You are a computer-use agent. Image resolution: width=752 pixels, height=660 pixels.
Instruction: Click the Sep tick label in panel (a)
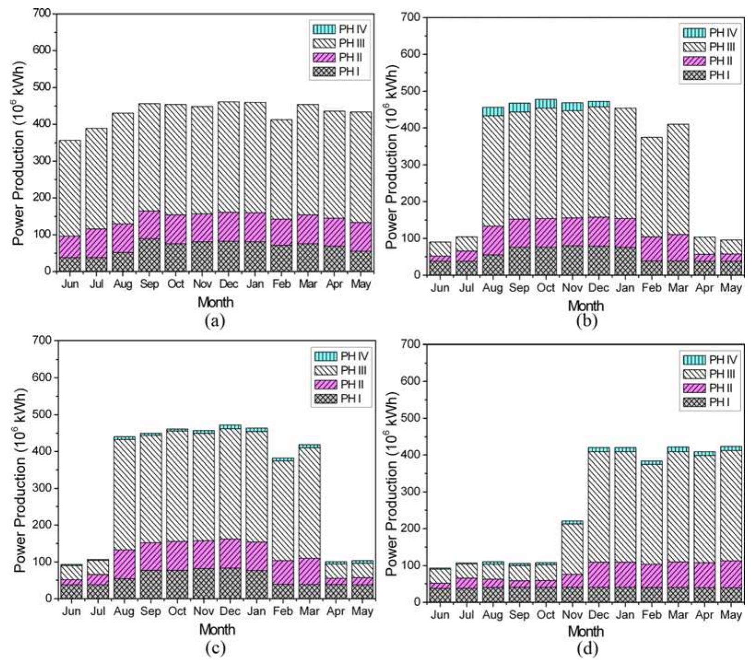pyautogui.click(x=149, y=284)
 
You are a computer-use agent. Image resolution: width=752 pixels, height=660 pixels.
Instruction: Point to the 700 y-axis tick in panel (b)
pyautogui.click(x=414, y=18)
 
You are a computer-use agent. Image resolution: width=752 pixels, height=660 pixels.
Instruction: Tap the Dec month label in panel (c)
pyautogui.click(x=230, y=611)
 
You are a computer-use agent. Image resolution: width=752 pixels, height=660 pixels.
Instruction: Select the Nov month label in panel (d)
pyautogui.click(x=572, y=615)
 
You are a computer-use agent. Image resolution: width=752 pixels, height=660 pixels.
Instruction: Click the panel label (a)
pyautogui.click(x=215, y=321)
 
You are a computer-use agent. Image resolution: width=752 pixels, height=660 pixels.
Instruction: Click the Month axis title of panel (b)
pyautogui.click(x=586, y=306)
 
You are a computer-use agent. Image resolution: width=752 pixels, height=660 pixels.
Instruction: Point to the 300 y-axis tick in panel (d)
pyautogui.click(x=414, y=492)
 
